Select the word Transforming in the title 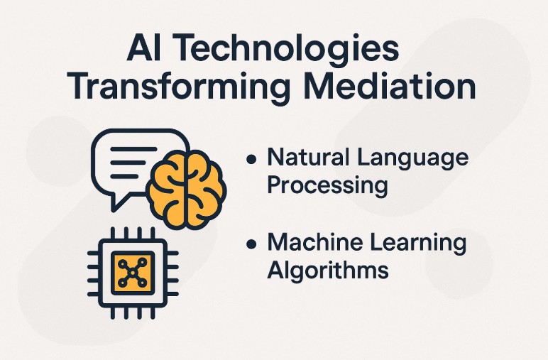[x=180, y=89]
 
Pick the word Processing [x=327, y=187]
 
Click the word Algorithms [x=327, y=271]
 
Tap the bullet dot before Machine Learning [x=251, y=244]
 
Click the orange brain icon [x=187, y=185]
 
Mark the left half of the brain [x=168, y=186]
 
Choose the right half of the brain [x=204, y=186]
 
